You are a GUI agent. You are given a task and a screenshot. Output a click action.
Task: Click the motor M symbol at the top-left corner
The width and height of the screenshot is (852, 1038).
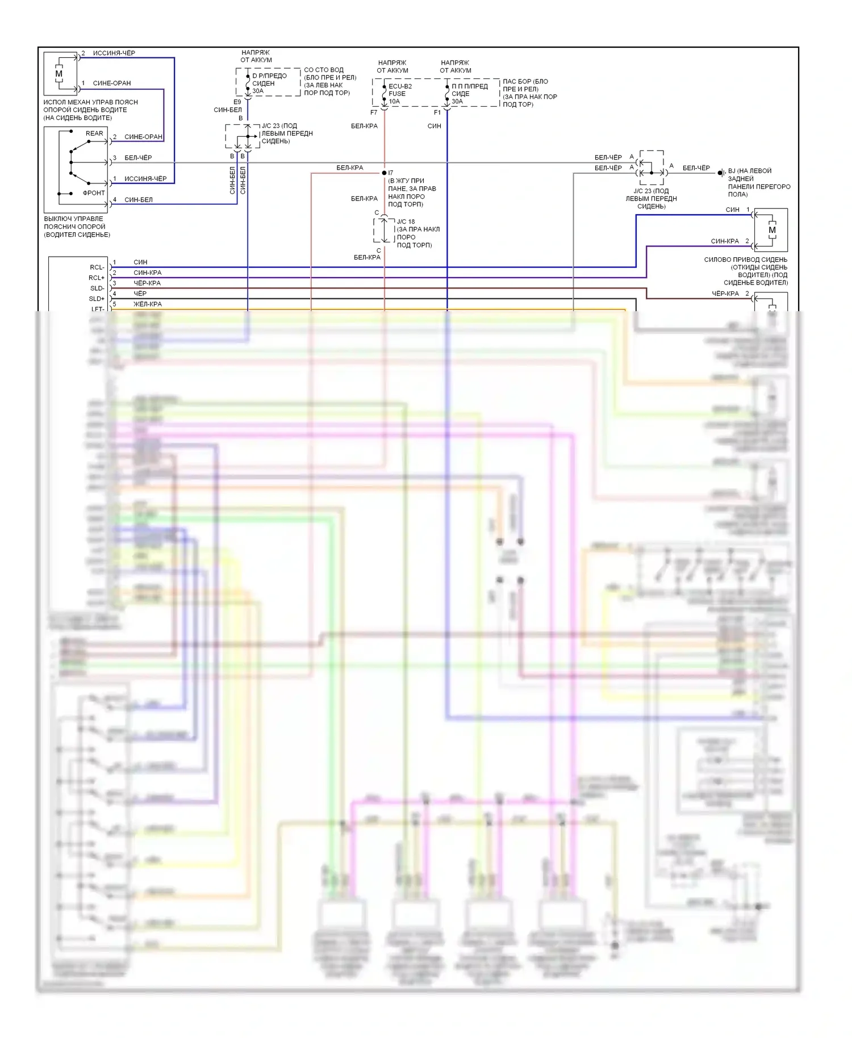[x=59, y=74]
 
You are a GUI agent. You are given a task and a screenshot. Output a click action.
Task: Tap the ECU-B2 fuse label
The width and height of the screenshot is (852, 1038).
[x=400, y=86]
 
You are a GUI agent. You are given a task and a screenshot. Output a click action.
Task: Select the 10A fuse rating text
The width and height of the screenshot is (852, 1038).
[x=394, y=102]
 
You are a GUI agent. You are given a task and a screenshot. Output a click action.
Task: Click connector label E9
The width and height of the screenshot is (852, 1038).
[x=237, y=102]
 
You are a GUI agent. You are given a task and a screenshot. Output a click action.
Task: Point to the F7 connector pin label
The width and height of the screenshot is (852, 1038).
[x=374, y=112]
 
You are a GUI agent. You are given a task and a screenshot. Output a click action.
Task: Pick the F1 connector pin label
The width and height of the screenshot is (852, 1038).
[x=437, y=112]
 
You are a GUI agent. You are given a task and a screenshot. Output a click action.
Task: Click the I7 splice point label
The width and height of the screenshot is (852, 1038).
[x=391, y=173]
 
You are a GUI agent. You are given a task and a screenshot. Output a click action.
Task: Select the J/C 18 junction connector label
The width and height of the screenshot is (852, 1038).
[x=406, y=221]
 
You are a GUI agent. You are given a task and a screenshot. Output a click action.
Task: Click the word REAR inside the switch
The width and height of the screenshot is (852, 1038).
[x=94, y=133]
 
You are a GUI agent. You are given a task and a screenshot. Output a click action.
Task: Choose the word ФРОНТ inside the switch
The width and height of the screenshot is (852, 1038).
[x=94, y=193]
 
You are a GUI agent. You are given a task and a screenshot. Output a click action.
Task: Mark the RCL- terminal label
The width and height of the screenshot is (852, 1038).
[x=97, y=267]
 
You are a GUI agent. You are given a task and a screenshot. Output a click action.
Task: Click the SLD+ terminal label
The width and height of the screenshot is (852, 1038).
[x=97, y=299]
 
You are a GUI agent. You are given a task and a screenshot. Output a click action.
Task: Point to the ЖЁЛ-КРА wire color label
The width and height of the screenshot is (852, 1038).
[x=148, y=304]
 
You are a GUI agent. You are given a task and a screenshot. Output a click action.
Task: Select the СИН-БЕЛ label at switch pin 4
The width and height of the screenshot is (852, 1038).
[x=139, y=200]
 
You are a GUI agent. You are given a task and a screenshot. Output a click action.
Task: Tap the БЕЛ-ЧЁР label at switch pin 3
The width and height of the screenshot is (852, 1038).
[x=138, y=158]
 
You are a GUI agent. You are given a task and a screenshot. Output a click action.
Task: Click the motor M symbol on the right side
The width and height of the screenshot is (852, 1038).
[x=772, y=230]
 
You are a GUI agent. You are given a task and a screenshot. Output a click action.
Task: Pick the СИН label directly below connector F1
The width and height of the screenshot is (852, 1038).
[x=435, y=126]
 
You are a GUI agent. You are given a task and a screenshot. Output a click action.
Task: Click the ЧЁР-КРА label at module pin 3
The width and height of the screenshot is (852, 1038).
[x=147, y=283]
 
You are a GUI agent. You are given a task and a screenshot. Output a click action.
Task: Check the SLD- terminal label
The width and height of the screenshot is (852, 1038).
[x=97, y=288]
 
